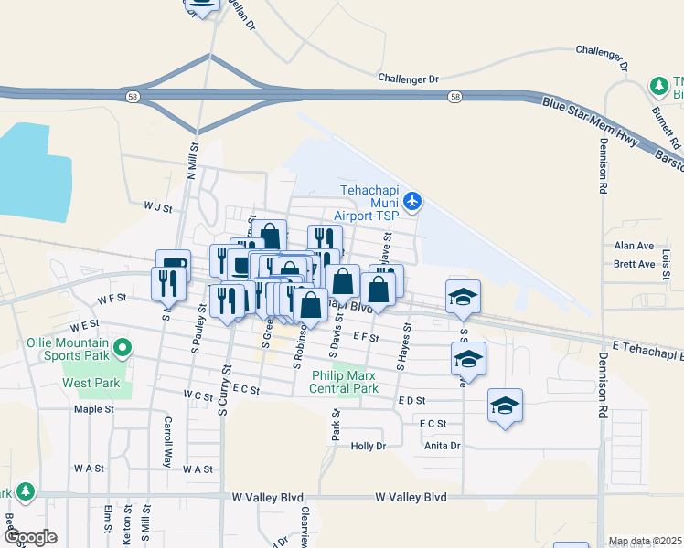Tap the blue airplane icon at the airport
tap(412, 200)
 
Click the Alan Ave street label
tap(634, 246)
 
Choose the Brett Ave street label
tap(634, 264)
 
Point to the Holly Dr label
tap(369, 446)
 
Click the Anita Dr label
tap(443, 446)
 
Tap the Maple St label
tap(93, 409)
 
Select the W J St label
tap(157, 207)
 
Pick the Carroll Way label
tap(167, 442)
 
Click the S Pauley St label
tap(196, 333)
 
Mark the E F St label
tap(365, 337)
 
